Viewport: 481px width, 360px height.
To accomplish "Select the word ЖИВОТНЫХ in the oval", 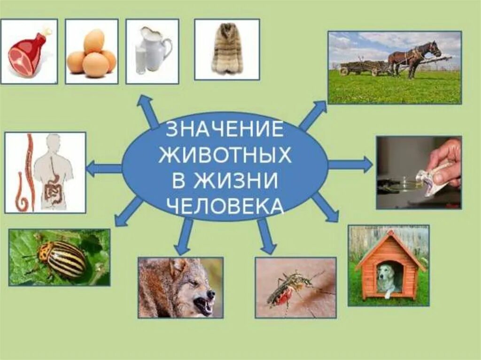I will (225, 155).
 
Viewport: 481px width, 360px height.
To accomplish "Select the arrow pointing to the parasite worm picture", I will (104, 168).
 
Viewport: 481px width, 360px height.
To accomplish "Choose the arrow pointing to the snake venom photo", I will (350, 164).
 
